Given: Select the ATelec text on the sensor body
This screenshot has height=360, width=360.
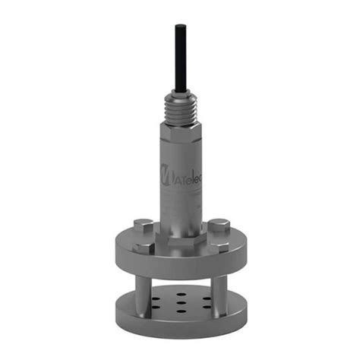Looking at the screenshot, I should point(187,173).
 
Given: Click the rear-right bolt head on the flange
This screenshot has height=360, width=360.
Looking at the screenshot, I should point(218,225).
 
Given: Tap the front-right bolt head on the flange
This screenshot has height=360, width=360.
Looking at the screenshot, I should point(227,248).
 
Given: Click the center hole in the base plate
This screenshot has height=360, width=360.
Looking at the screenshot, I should point(179,302).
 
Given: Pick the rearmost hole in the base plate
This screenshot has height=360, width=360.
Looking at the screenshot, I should point(180,293).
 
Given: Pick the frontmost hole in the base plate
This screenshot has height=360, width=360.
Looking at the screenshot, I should point(179,312).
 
